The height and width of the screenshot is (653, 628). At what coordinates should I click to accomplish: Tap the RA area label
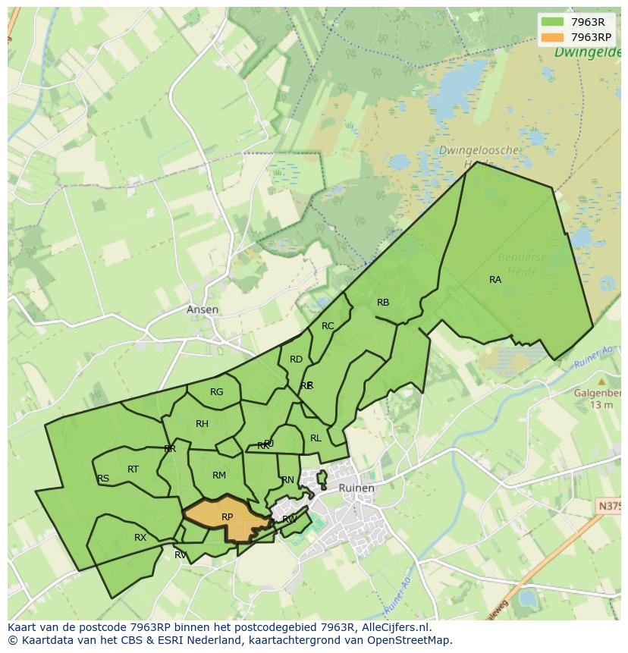click(x=495, y=280)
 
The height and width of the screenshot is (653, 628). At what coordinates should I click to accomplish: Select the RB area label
click(x=383, y=303)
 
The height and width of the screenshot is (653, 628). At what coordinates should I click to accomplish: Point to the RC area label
click(x=328, y=326)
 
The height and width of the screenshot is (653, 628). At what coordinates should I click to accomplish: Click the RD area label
click(x=296, y=359)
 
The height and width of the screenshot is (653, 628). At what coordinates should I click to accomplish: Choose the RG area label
click(x=217, y=392)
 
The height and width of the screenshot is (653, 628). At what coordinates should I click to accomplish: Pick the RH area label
click(x=202, y=424)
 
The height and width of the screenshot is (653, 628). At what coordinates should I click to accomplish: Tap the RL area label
click(x=316, y=438)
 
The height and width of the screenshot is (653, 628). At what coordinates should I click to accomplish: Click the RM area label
click(x=219, y=476)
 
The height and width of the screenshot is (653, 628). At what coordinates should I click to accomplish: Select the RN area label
click(x=287, y=480)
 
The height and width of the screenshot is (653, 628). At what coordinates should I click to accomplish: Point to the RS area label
click(x=103, y=479)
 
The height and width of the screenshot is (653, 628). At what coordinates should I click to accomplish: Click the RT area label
click(x=133, y=469)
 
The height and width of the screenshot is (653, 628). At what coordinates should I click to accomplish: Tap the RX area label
click(x=140, y=538)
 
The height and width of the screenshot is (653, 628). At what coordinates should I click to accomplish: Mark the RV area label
click(x=181, y=555)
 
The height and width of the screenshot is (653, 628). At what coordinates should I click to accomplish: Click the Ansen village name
click(x=203, y=309)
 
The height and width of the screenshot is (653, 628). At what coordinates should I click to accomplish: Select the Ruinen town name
click(x=356, y=488)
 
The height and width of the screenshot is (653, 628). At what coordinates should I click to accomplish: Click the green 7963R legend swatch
click(x=553, y=22)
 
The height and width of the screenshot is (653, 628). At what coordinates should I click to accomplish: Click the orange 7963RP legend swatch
click(x=553, y=37)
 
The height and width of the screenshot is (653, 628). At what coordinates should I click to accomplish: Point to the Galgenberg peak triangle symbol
click(x=601, y=381)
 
